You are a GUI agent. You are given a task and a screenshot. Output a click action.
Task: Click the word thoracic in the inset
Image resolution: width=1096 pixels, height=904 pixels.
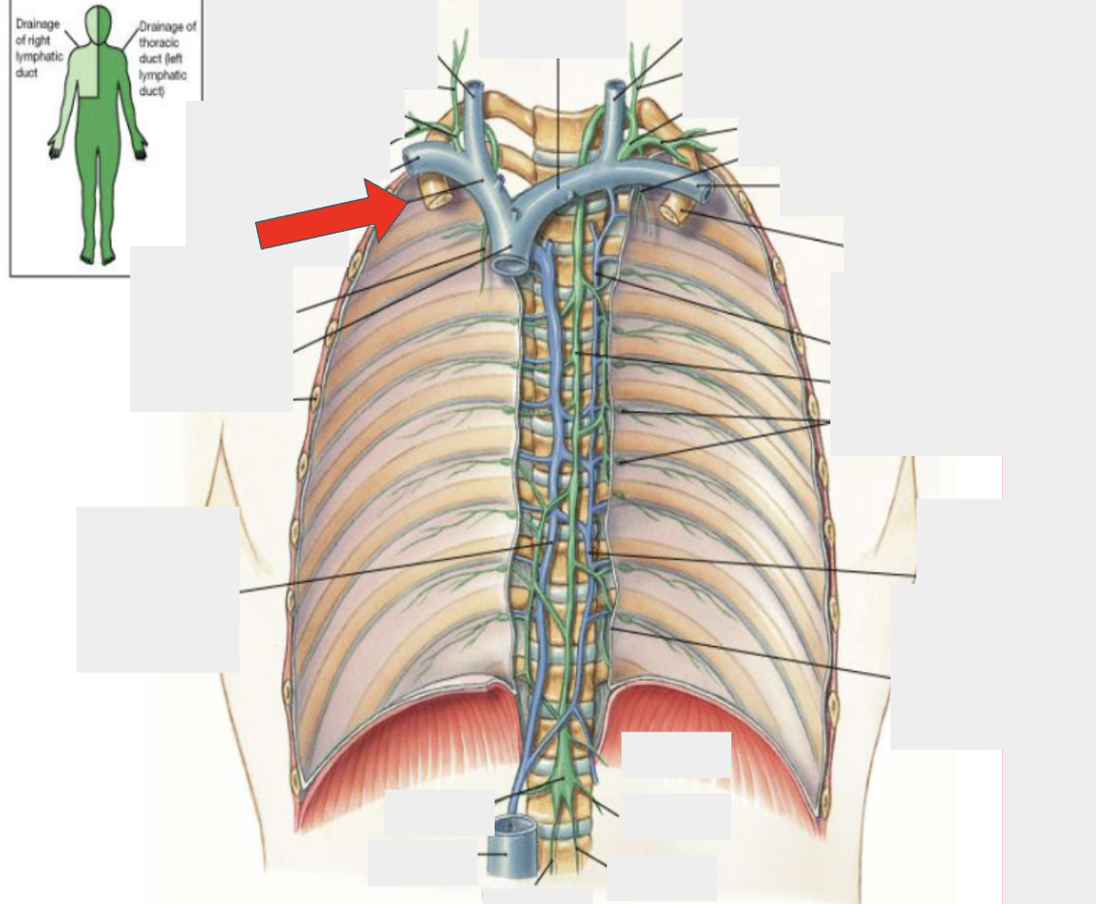pyautogui.click(x=158, y=42)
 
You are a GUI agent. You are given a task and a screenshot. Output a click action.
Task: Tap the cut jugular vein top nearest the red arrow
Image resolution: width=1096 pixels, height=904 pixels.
pyautogui.click(x=474, y=89)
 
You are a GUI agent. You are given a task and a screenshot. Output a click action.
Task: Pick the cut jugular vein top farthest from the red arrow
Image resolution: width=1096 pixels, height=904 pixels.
pyautogui.click(x=615, y=89)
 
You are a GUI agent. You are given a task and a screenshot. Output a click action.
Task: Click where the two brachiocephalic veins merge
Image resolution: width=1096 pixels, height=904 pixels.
pyautogui.click(x=514, y=210)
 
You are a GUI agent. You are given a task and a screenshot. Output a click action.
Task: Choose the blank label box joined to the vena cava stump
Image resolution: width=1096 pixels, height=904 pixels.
pyautogui.click(x=423, y=862)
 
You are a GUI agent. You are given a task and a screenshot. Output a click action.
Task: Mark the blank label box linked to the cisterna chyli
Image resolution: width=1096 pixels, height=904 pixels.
pyautogui.click(x=432, y=812)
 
